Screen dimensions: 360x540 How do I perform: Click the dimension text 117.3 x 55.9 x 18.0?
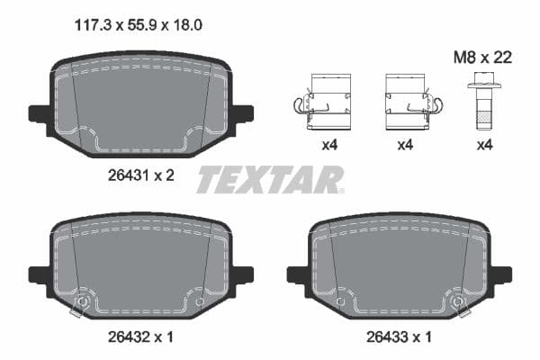click(x=136, y=26)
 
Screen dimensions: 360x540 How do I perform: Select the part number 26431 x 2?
click(x=136, y=175)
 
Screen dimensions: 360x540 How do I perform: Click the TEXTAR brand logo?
click(x=270, y=180)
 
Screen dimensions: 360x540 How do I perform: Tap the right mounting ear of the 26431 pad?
click(x=242, y=113)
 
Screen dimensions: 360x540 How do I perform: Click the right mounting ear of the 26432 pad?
click(x=242, y=274)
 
